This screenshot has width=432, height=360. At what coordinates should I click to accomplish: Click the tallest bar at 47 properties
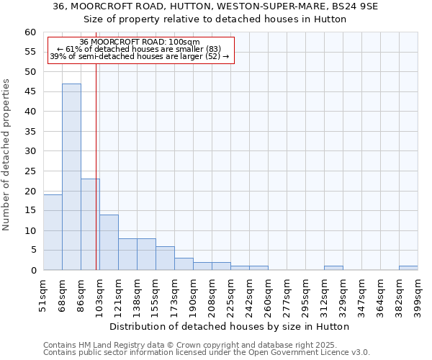point(71,176)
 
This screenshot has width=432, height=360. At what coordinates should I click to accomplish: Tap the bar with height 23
point(90,224)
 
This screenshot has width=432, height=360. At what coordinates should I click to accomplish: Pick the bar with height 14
point(109,242)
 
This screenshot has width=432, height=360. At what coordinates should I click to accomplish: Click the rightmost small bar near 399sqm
point(408,268)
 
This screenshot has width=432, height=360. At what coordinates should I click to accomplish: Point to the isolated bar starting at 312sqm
point(333,268)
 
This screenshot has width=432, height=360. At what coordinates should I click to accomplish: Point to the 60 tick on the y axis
point(30,32)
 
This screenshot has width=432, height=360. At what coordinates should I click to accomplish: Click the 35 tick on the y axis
point(30,132)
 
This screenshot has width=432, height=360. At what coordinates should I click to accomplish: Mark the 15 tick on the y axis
point(30,211)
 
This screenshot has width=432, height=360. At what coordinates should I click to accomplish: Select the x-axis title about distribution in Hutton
point(230,326)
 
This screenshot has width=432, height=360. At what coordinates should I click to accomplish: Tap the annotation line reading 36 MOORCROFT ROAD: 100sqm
point(140,42)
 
